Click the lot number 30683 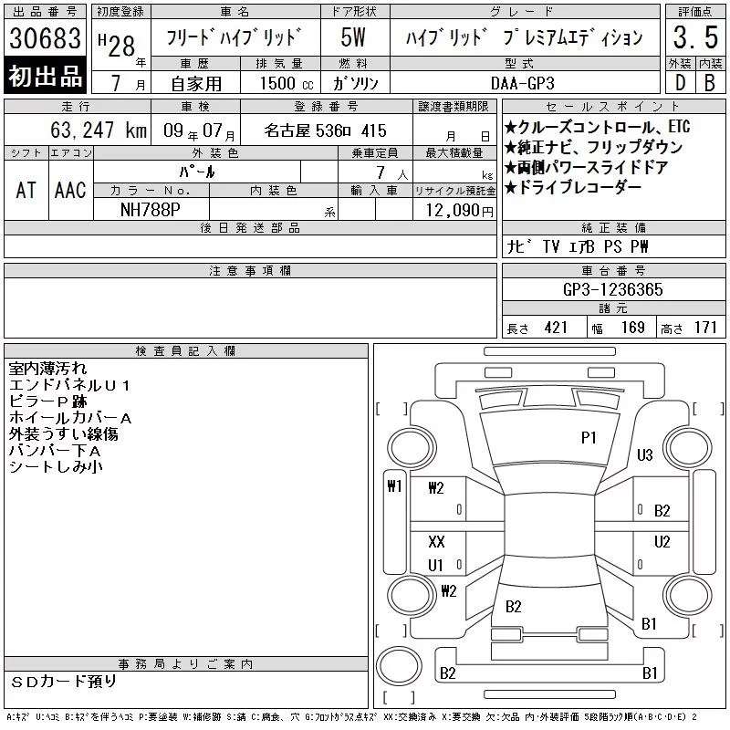pyautogui.click(x=45, y=37)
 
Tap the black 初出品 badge pyautogui.click(x=45, y=76)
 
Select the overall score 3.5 pyautogui.click(x=695, y=37)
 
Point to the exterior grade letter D pyautogui.click(x=680, y=83)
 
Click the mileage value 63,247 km pyautogui.click(x=99, y=130)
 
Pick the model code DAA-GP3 pyautogui.click(x=523, y=83)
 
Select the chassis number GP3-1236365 pyautogui.click(x=613, y=289)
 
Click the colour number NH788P pyautogui.click(x=151, y=210)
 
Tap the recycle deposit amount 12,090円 pyautogui.click(x=460, y=211)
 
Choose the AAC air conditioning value pyautogui.click(x=70, y=190)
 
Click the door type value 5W pyautogui.click(x=353, y=37)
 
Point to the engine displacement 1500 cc pyautogui.click(x=287, y=83)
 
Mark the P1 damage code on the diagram pyautogui.click(x=589, y=438)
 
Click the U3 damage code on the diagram pyautogui.click(x=645, y=454)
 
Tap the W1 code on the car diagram pyautogui.click(x=394, y=486)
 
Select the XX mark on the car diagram pyautogui.click(x=436, y=541)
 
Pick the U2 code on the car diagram pyautogui.click(x=662, y=541)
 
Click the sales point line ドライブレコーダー pyautogui.click(x=573, y=188)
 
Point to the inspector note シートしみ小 pyautogui.click(x=56, y=466)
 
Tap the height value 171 pyautogui.click(x=705, y=328)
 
